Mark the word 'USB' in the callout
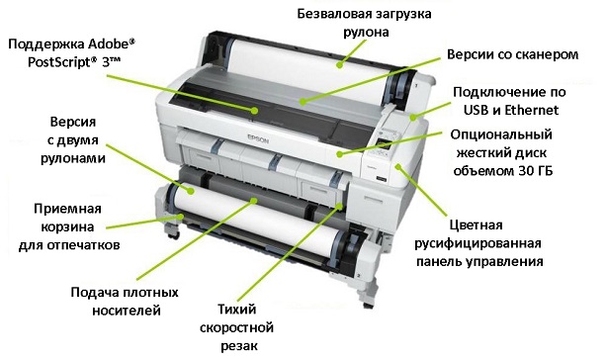(473, 110)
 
